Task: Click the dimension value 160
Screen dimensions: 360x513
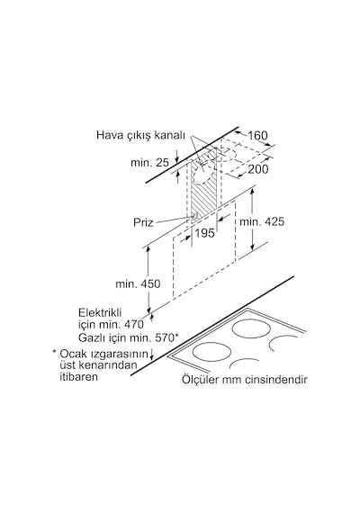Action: (257, 135)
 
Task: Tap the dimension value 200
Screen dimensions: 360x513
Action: (257, 169)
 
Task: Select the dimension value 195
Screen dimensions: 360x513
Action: (204, 233)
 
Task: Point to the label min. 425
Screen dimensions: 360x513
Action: (262, 221)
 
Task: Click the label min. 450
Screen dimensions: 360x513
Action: (138, 283)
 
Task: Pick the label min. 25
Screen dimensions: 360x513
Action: (149, 162)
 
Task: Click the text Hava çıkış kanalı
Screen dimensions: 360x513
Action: (140, 135)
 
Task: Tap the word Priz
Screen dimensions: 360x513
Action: (143, 222)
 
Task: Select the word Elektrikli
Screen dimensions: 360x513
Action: (100, 312)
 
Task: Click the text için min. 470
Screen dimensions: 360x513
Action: (111, 325)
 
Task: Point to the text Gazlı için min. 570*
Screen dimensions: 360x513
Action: (129, 337)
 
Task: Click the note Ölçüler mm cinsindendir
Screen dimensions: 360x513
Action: (245, 380)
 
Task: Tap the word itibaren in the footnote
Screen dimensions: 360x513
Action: (78, 376)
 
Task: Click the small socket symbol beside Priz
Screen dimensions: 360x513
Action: (194, 216)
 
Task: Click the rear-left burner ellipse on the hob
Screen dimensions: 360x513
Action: (249, 328)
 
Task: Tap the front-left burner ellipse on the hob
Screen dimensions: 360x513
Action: (210, 352)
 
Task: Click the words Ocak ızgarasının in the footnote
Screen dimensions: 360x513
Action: (104, 354)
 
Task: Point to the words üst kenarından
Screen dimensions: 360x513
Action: (98, 364)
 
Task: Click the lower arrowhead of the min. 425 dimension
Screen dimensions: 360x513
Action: (252, 247)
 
